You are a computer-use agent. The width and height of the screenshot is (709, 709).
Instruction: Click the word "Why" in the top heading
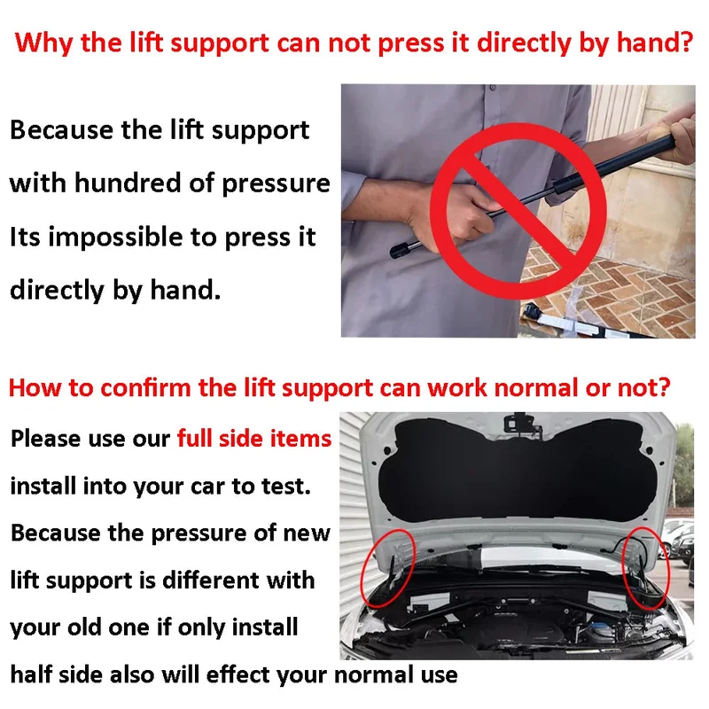43,43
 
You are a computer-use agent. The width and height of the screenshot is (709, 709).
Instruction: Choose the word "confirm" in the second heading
145,388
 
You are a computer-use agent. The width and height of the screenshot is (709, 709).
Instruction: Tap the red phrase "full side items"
254,439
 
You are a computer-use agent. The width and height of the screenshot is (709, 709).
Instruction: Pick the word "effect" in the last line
238,674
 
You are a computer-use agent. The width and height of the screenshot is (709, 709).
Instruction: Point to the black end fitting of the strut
401,249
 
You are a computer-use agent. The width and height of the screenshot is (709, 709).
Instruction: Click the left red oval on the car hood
387,568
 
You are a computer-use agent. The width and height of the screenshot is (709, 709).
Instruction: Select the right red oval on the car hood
646,567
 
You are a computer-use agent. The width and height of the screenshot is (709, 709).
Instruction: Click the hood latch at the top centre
521,425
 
